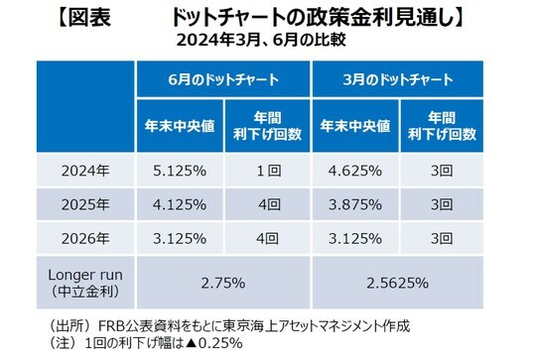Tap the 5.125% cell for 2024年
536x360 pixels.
pos(180,170)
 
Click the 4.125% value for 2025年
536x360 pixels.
pos(180,205)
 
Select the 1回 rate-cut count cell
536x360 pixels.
pos(266,170)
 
